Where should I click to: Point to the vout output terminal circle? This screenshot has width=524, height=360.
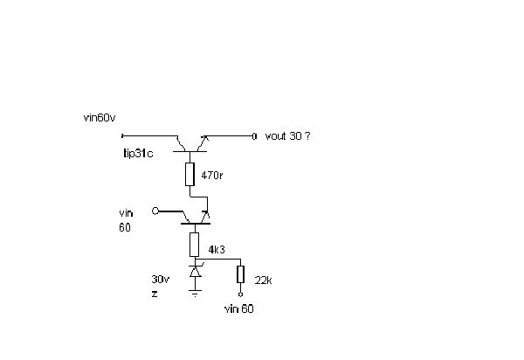coord(254,136)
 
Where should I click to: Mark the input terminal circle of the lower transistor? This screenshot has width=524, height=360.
coord(155,211)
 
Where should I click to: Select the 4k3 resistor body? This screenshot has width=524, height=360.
coord(194,244)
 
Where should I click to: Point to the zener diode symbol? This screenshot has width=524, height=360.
coord(194,273)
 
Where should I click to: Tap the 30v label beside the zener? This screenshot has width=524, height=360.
coord(160,280)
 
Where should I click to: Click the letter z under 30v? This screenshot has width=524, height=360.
coord(155,295)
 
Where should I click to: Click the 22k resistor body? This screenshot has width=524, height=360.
coord(239,275)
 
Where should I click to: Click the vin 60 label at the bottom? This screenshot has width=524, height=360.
coord(239,309)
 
